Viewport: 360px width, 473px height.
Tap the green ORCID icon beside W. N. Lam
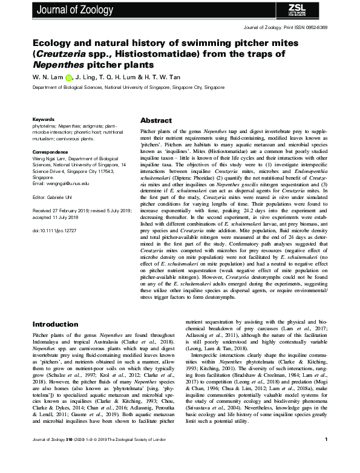[68, 77]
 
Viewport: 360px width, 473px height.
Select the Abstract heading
[156, 120]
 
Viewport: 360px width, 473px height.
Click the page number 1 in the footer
[326, 456]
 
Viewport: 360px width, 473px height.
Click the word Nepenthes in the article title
[56, 64]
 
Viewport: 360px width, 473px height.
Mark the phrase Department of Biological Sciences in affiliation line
[72, 88]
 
